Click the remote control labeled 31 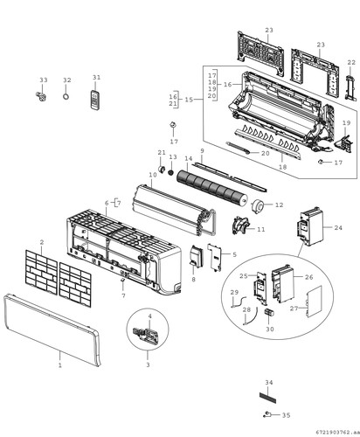(x=95, y=101)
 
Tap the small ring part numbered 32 (x=66, y=96)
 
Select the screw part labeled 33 (x=42, y=96)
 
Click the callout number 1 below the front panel (x=60, y=365)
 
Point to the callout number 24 (x=338, y=227)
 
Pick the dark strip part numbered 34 (x=267, y=398)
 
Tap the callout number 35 (x=286, y=415)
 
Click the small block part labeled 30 (x=268, y=312)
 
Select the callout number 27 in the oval (x=294, y=309)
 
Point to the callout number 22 (x=351, y=62)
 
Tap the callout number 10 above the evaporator (x=153, y=175)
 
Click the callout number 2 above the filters (x=42, y=242)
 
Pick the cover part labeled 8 (x=196, y=256)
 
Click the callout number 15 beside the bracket (x=189, y=100)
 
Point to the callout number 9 (x=202, y=150)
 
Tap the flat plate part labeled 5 (x=215, y=258)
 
